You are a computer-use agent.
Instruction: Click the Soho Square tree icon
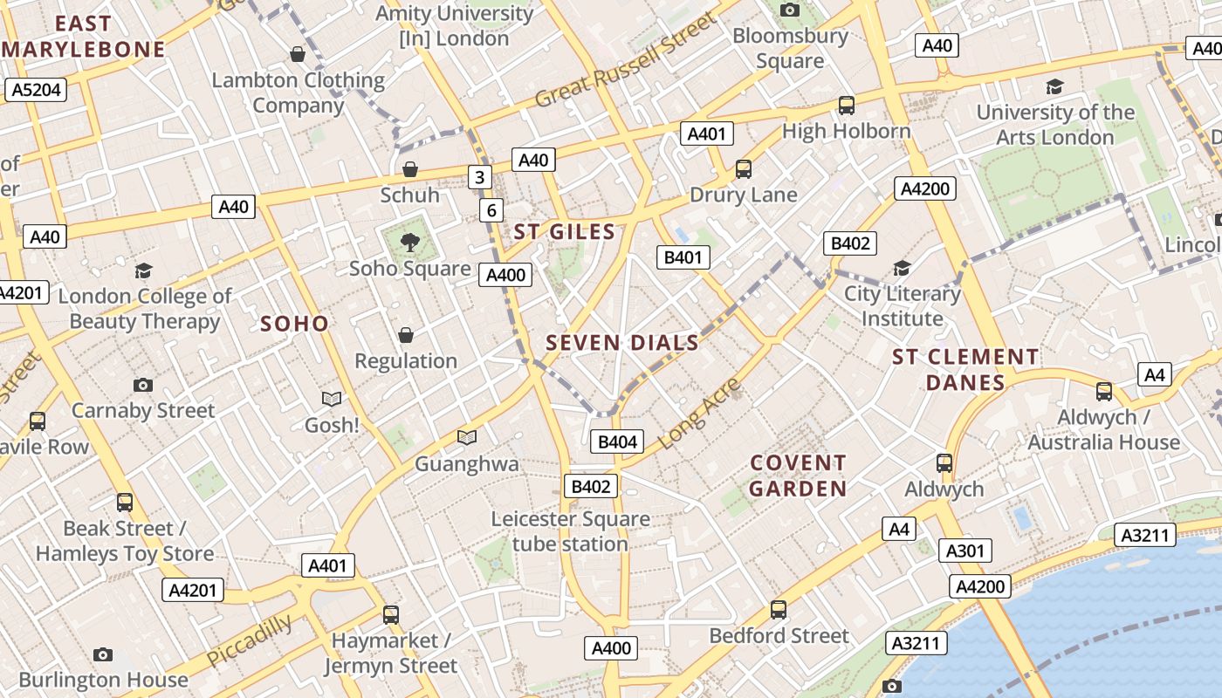click(408, 242)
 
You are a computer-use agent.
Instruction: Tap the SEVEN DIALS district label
click(622, 343)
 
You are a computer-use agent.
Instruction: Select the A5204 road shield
click(36, 89)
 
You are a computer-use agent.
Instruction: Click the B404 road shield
click(617, 441)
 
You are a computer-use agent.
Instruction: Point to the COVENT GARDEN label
click(798, 476)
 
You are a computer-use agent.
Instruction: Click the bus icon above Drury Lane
click(744, 169)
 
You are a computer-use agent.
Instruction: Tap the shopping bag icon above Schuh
click(409, 169)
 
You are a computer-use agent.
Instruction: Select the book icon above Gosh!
click(332, 399)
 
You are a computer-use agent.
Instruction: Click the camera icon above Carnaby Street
click(143, 385)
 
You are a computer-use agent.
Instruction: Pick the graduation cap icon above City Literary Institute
click(902, 268)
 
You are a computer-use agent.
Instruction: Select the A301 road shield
click(965, 551)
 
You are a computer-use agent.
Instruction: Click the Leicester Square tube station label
click(570, 531)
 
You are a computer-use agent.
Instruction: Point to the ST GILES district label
click(565, 232)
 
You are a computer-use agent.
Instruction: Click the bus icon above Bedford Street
click(779, 610)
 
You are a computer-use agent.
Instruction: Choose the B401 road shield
click(683, 257)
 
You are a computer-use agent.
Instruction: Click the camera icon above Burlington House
click(103, 654)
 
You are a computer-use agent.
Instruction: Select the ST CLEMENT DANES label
click(965, 370)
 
